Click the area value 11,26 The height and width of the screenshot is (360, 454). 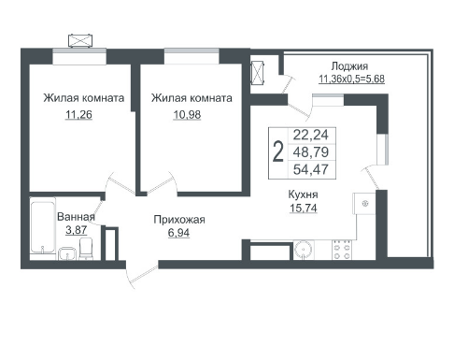click(78, 115)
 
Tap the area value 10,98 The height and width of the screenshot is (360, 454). click(187, 115)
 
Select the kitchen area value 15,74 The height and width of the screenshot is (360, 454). click(304, 208)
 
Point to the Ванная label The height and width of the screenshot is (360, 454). click(76, 217)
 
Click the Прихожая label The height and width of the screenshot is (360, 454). click(179, 220)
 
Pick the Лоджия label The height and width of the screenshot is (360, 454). click(349, 66)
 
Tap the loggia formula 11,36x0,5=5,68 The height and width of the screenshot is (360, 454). click(351, 79)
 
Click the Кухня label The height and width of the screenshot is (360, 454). click(304, 194)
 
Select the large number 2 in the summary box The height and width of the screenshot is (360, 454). click(278, 151)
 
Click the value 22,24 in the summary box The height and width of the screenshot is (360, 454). click(311, 135)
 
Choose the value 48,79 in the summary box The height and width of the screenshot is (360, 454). click(311, 152)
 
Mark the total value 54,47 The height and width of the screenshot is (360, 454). click(311, 169)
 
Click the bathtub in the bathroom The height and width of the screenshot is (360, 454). click(43, 227)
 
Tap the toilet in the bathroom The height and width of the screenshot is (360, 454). click(86, 249)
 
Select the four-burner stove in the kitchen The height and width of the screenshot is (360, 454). click(342, 250)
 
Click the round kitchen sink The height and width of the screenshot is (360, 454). click(303, 250)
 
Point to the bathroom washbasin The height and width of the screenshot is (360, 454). click(67, 253)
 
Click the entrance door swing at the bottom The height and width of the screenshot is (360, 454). click(143, 276)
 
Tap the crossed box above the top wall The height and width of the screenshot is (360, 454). click(80, 40)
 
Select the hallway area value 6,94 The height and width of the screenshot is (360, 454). click(178, 233)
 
